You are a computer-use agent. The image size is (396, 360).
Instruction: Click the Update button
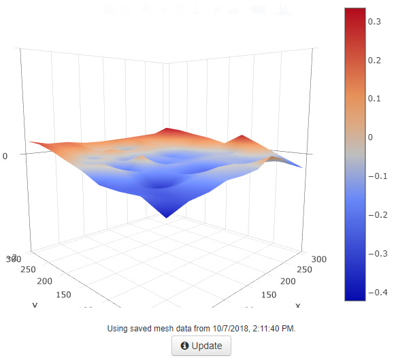201,346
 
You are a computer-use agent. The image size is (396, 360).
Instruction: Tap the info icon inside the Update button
184,346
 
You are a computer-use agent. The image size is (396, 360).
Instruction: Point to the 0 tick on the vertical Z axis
5,156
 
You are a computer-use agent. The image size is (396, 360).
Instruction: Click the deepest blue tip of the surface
166,217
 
